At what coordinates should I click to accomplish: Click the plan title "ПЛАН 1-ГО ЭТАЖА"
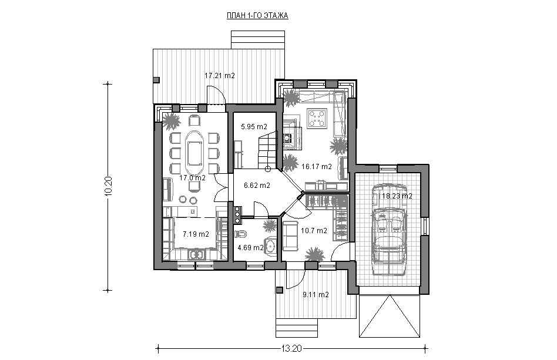[257, 15]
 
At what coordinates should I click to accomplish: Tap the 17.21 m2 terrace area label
[220, 76]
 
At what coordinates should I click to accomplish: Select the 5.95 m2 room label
[254, 126]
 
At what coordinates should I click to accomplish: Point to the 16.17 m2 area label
[317, 166]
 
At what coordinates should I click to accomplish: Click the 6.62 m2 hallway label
[257, 185]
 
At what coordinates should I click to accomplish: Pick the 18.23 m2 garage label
[397, 196]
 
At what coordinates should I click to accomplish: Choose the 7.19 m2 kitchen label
[196, 234]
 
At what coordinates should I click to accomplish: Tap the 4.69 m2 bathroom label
[250, 247]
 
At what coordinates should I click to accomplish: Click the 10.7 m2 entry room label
[314, 230]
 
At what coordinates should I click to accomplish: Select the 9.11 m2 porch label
[316, 294]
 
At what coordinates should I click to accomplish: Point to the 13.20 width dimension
[291, 348]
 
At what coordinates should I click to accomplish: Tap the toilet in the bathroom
[241, 234]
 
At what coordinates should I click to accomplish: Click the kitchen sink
[196, 254]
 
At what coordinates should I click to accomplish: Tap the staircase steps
[267, 150]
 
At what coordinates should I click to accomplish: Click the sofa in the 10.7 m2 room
[290, 236]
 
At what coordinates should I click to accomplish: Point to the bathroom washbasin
[271, 245]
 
